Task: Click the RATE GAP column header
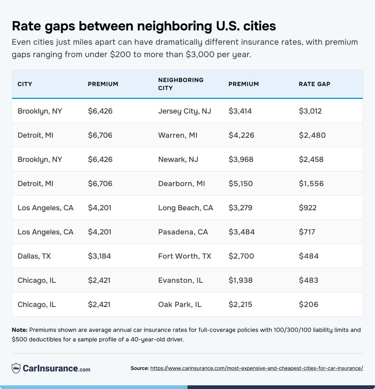[x=314, y=84]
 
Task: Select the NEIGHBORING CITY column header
[x=181, y=84]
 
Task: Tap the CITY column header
[x=25, y=84]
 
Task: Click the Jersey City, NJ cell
[x=185, y=111]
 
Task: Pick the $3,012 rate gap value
[x=310, y=111]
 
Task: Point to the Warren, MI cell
[x=178, y=135]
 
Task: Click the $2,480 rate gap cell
[x=312, y=135]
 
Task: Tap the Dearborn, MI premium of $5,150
[x=241, y=184]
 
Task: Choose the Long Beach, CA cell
[x=185, y=208]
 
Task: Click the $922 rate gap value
[x=308, y=208]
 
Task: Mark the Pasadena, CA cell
[x=183, y=232]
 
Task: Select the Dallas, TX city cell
[x=34, y=256]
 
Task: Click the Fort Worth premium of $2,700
[x=241, y=256]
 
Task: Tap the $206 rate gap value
[x=308, y=304]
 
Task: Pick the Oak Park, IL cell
[x=180, y=304]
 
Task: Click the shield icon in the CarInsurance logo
[x=16, y=368]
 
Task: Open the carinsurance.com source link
[x=257, y=368]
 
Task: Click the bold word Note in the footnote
[x=19, y=330]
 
